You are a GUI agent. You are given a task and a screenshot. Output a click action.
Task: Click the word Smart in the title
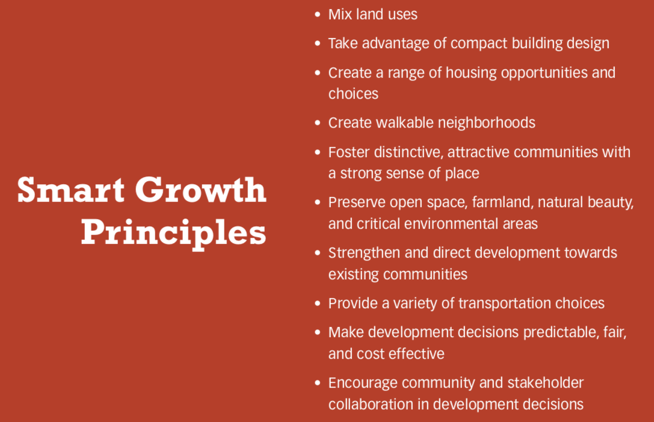coord(70,190)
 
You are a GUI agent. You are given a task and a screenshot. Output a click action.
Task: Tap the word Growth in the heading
coord(200,190)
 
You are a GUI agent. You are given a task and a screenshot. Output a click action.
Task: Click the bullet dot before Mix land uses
coord(318,14)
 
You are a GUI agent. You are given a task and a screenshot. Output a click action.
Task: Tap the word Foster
coord(349,152)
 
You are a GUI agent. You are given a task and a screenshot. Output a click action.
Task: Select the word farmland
coord(503,202)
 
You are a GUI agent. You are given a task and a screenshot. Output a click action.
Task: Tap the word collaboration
coord(371,405)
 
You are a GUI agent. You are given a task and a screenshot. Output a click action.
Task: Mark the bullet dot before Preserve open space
coord(318,202)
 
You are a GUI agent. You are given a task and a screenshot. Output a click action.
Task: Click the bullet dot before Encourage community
coord(318,383)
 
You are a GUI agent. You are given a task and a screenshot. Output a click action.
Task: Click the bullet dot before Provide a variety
coord(318,303)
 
